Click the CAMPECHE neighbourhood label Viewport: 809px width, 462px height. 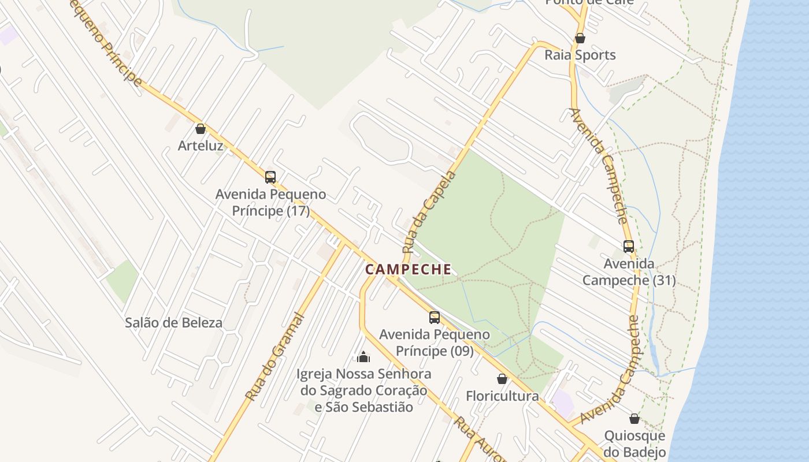[x=408, y=269]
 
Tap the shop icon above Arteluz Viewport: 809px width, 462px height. [x=201, y=129]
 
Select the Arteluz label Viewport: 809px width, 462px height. [x=201, y=146]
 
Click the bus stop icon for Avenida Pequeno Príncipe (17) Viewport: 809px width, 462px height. [x=270, y=177]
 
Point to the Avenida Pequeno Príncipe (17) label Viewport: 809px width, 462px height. [x=270, y=203]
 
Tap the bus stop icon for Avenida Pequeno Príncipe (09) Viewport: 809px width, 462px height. [x=435, y=318]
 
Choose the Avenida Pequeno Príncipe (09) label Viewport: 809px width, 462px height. [x=435, y=342]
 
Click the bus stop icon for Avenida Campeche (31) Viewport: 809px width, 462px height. [x=629, y=247]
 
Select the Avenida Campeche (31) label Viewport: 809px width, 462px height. [x=629, y=272]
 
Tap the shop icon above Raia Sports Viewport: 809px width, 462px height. [x=580, y=39]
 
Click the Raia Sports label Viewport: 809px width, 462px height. [x=580, y=55]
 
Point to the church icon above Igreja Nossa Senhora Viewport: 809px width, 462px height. [x=363, y=357]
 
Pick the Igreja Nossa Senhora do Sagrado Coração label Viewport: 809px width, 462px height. [x=364, y=390]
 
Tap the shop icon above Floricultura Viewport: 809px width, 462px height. [x=502, y=379]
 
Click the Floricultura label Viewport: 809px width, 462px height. [x=502, y=396]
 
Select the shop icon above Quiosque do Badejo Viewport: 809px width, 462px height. [x=634, y=419]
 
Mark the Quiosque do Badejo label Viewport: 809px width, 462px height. [x=634, y=444]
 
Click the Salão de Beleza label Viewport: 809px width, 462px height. [x=173, y=323]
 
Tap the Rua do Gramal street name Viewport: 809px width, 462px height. [x=275, y=356]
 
